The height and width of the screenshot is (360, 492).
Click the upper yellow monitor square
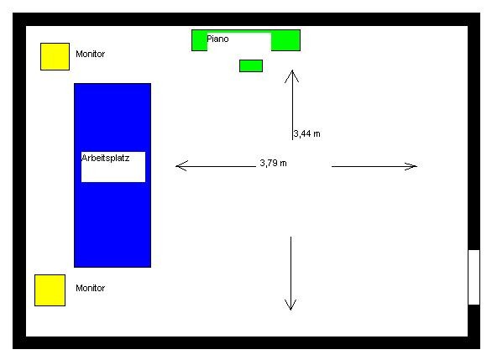[55, 57]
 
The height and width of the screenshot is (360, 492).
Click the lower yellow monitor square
[50, 290]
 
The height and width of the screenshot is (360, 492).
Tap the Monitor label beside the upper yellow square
[91, 54]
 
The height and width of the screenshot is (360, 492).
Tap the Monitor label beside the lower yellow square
[91, 288]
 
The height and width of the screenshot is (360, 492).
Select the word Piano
[217, 39]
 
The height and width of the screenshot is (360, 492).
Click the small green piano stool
[251, 65]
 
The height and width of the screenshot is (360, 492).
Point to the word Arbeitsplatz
[106, 158]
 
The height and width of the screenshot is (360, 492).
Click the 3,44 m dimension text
[307, 134]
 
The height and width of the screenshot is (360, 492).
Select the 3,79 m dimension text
[274, 163]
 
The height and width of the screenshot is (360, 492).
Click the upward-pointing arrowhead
[292, 76]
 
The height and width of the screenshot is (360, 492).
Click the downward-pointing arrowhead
[290, 305]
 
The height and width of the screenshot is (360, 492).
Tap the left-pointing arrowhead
[181, 166]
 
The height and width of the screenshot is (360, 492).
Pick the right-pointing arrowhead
[411, 166]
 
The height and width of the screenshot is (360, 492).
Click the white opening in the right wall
[474, 277]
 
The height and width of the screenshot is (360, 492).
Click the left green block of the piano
[200, 41]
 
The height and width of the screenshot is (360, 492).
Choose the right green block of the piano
[285, 41]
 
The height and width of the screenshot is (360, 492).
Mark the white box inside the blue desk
[113, 167]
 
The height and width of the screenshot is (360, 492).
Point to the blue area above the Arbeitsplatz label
[113, 117]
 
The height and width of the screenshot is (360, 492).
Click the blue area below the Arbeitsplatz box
[113, 225]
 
